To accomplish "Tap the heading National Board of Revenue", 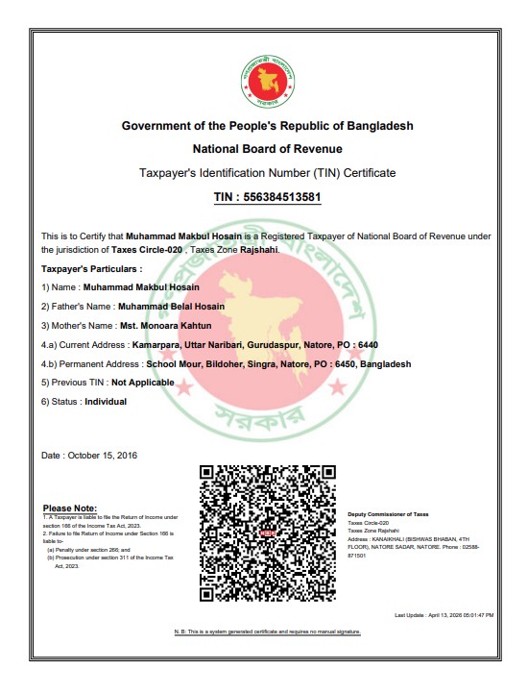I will (x=267, y=149).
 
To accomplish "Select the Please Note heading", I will (x=70, y=508).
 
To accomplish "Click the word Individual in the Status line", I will (x=107, y=401).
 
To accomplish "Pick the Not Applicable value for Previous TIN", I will (x=143, y=382).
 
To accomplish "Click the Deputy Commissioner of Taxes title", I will (x=388, y=515).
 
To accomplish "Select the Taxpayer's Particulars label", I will (x=91, y=269).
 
